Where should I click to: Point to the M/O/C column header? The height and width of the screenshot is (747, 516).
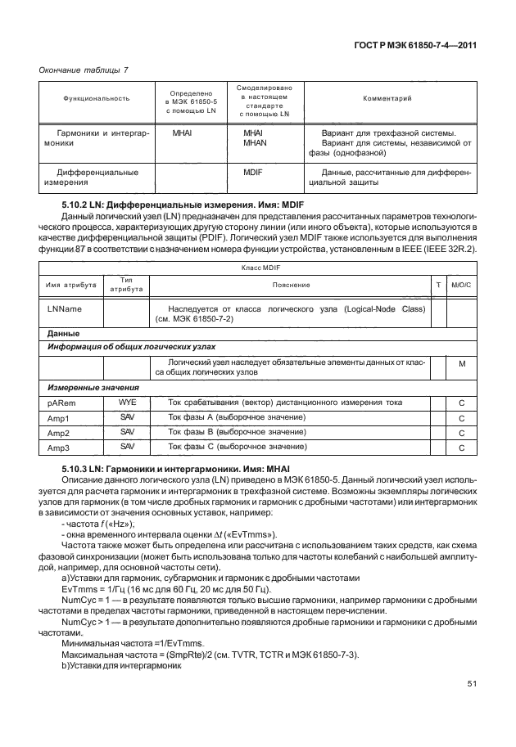click(x=462, y=284)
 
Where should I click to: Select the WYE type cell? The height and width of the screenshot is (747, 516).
click(x=127, y=403)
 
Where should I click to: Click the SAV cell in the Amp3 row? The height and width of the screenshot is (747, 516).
click(x=127, y=447)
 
